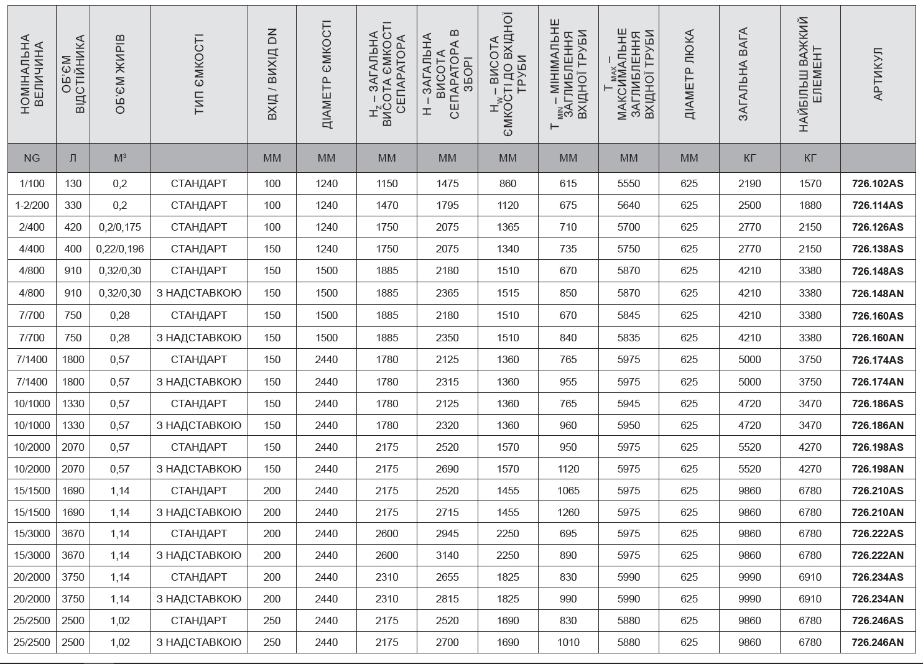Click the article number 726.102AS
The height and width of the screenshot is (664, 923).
coord(877,184)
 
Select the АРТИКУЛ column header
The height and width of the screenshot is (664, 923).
coord(878,75)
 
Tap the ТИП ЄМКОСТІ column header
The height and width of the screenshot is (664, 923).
coord(199,75)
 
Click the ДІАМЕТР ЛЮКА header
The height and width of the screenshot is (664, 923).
coord(689,75)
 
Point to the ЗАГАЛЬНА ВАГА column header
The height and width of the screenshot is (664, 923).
coord(749,75)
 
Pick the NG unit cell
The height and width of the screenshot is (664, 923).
coord(32,159)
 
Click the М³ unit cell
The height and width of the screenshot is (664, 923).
coord(120,159)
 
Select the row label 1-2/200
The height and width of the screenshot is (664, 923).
coord(32,206)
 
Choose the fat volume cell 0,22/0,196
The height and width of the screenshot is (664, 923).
coord(120,249)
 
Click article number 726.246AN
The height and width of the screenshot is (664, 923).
coord(877,643)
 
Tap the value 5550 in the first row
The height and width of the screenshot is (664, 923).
coord(629,184)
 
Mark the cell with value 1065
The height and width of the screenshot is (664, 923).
coord(568,491)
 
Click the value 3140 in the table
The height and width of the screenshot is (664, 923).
coord(447,556)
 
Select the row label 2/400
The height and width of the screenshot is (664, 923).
coord(32,228)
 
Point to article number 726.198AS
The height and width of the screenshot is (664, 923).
coord(877,448)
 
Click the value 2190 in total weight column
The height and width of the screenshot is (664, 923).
coord(749,184)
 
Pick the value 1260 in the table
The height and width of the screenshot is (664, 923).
coord(568,513)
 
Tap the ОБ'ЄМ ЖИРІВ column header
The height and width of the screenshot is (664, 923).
coord(120,75)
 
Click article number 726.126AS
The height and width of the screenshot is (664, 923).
coord(877,228)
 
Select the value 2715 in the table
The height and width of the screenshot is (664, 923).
coord(447,513)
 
